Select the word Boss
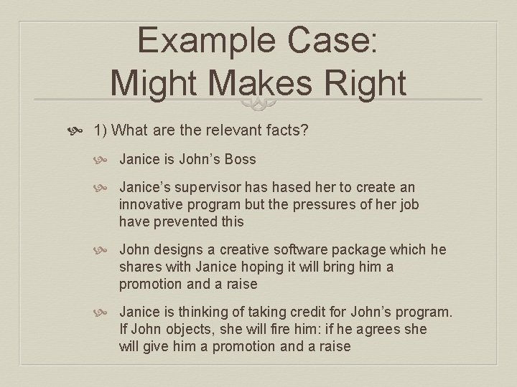point(238,159)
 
